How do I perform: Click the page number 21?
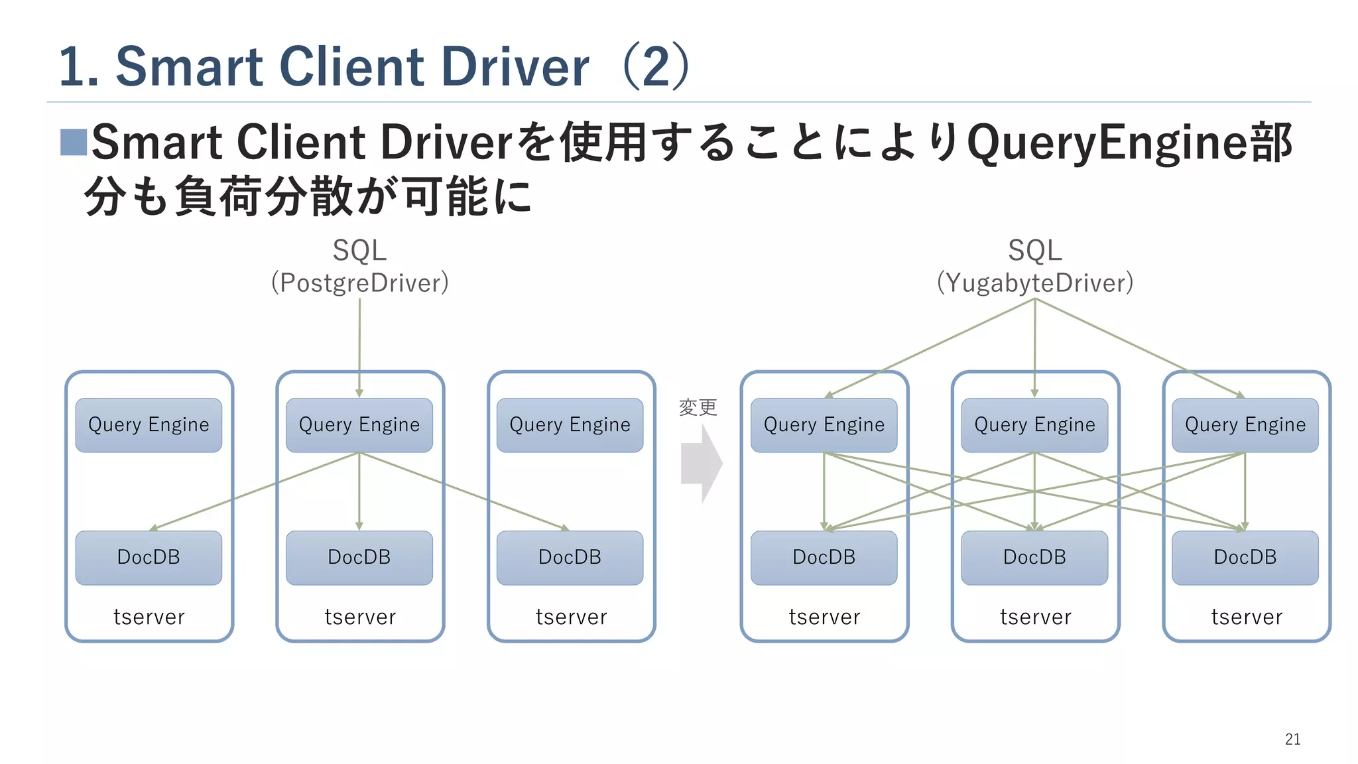1292,739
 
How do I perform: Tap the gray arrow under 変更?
700,464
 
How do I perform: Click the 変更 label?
698,407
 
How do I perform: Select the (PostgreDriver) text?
359,283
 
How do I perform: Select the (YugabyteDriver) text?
1034,283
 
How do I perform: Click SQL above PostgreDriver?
359,251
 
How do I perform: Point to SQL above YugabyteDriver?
1034,251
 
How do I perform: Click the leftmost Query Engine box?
149,425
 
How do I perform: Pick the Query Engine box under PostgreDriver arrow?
359,425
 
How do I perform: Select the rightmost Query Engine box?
1245,425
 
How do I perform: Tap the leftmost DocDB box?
149,557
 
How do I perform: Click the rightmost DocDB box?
1245,557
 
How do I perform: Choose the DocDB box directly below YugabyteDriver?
1034,557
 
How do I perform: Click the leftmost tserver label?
149,617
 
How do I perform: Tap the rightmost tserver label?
1246,617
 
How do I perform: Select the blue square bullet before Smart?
73,142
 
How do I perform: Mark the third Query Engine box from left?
570,425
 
